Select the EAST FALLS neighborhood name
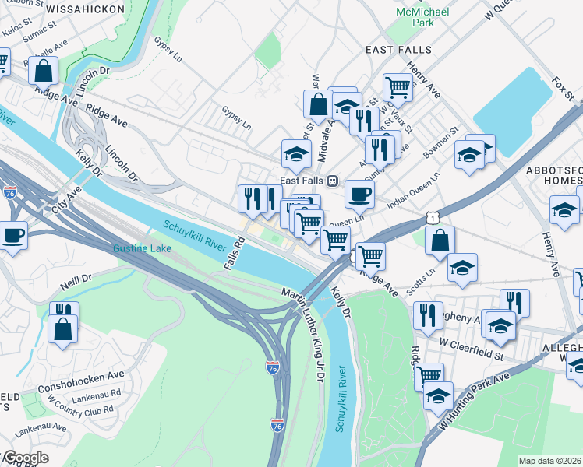(398, 49)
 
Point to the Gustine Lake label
(142, 249)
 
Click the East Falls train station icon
(332, 181)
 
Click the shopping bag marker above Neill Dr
(62, 328)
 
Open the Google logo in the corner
(25, 458)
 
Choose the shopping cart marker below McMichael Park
(397, 86)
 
